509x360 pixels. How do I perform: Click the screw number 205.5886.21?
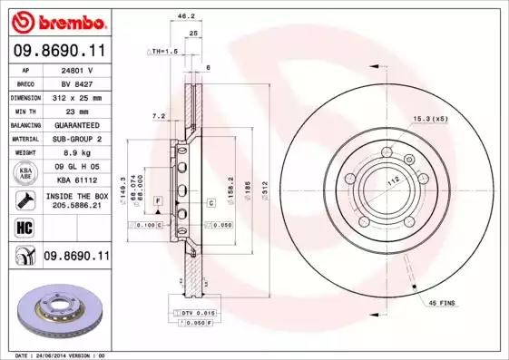(76, 206)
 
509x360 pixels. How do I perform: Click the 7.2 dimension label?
(159, 116)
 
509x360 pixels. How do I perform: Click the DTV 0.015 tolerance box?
(196, 311)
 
